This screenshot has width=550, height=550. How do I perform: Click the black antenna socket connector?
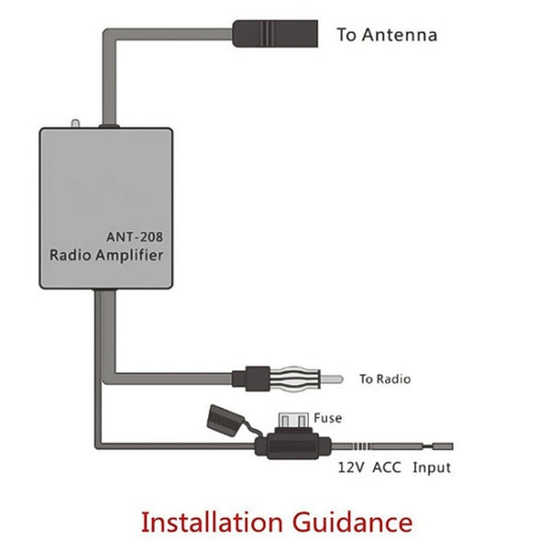pyautogui.click(x=275, y=34)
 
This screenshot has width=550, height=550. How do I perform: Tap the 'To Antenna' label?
pyautogui.click(x=386, y=36)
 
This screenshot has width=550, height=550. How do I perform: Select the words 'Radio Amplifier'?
pyautogui.click(x=105, y=255)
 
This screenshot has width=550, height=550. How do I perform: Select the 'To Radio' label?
pyautogui.click(x=384, y=379)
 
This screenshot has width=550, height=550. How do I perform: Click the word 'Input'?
pyautogui.click(x=431, y=467)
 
